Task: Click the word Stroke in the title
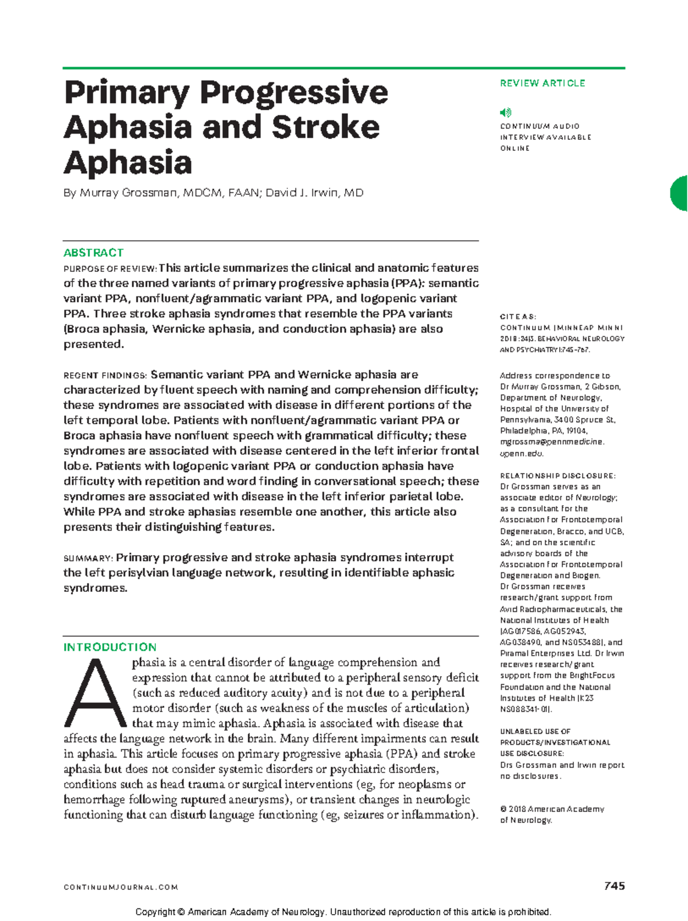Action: pos(325,127)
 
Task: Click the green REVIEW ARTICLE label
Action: pos(542,83)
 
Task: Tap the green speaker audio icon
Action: pos(505,112)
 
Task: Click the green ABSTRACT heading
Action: pos(93,253)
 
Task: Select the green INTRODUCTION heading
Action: pos(110,647)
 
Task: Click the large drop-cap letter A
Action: pos(95,694)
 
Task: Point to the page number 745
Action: pos(614,886)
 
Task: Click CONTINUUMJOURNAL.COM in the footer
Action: pos(121,887)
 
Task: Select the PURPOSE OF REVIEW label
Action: pos(110,269)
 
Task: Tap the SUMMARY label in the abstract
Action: pos(88,559)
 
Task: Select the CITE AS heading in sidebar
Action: pos(518,317)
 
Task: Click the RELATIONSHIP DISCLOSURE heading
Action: pos(557,475)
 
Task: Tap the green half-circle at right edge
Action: pos(679,194)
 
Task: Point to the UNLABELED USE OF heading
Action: pos(535,731)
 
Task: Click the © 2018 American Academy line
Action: pos(552,809)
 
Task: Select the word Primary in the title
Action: pos(127,93)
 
